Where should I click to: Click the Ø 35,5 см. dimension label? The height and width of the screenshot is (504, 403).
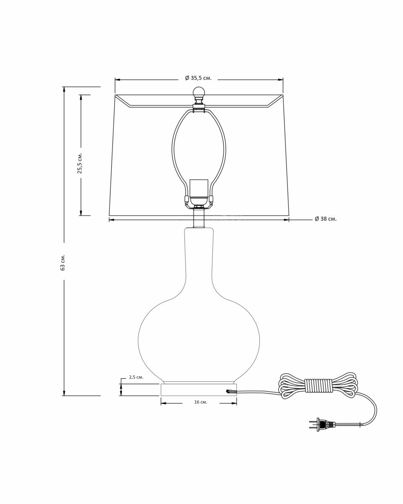198,78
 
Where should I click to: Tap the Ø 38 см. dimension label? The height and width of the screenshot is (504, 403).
325,219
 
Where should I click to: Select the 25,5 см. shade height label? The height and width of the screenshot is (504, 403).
80,163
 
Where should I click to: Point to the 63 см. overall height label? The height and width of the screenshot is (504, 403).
63,262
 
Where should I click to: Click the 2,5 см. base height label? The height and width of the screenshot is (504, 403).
136,377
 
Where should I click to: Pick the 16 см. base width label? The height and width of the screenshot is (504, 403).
201,402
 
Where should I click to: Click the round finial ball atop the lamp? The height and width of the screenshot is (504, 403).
199,92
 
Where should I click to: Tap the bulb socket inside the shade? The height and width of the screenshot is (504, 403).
199,192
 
